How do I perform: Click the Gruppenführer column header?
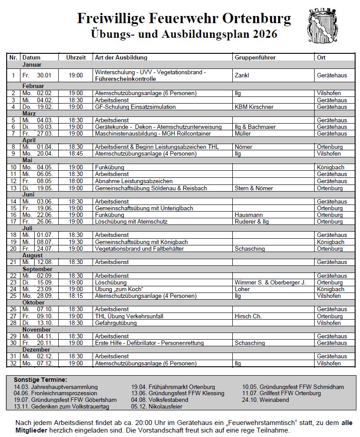[255, 58]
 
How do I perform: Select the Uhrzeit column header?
[76, 58]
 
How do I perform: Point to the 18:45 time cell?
[76, 154]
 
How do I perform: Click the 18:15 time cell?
[76, 296]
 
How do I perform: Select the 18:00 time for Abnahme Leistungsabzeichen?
[76, 181]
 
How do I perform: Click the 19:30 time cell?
[76, 242]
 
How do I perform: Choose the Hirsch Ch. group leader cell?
[248, 316]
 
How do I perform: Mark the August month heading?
[32, 256]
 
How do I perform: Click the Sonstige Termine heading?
[40, 380]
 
